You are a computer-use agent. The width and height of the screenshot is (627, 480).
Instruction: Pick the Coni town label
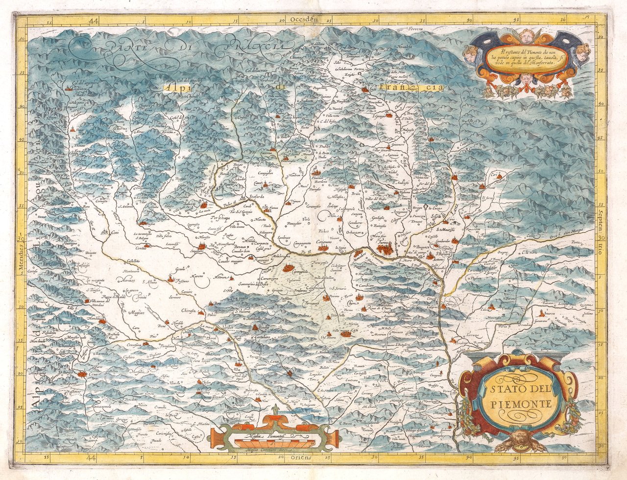(x=115, y=232)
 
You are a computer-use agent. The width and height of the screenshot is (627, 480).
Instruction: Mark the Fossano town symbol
(x=171, y=279)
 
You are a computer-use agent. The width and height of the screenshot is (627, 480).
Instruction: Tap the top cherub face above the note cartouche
(x=527, y=35)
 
